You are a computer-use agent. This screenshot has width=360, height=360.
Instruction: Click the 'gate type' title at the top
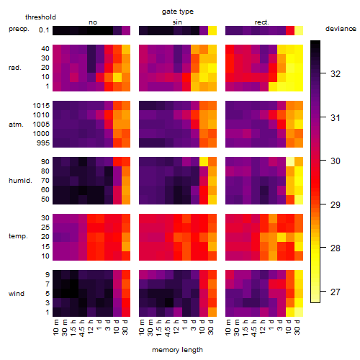pyautogui.click(x=178, y=12)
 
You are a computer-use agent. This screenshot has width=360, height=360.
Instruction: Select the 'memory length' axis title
pyautogui.click(x=177, y=350)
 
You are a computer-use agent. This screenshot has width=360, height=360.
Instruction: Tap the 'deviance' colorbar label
pyautogui.click(x=341, y=29)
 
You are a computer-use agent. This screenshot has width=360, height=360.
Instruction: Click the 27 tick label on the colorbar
pyautogui.click(x=336, y=292)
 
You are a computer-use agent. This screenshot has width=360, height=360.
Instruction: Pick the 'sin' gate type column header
pyautogui.click(x=177, y=22)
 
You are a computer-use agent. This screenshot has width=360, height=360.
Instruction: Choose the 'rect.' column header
pyautogui.click(x=261, y=22)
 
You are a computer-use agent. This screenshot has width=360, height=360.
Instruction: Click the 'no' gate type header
pyautogui.click(x=93, y=22)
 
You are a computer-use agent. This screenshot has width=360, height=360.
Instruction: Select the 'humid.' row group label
pyautogui.click(x=20, y=181)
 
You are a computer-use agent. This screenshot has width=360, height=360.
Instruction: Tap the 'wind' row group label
pyautogui.click(x=17, y=294)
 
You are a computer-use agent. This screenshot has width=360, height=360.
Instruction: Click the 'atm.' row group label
pyautogui.click(x=16, y=125)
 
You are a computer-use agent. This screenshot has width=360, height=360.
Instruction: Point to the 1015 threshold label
pyautogui.click(x=41, y=106)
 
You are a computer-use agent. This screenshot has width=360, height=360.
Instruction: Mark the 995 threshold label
pyautogui.click(x=43, y=143)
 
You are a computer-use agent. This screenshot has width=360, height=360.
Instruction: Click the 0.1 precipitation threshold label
pyautogui.click(x=44, y=30)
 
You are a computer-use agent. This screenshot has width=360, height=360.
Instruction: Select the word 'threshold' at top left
pyautogui.click(x=40, y=17)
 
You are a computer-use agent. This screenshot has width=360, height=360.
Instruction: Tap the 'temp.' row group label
pyautogui.click(x=18, y=236)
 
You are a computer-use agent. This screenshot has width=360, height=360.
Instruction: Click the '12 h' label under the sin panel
pyautogui.click(x=176, y=327)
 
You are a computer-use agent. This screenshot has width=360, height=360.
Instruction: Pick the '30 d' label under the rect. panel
pyautogui.click(x=297, y=327)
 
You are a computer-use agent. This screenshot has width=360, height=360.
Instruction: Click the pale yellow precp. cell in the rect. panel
pyautogui.click(x=299, y=30)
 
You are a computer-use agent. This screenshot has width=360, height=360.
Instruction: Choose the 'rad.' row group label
pyautogui.click(x=15, y=68)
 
